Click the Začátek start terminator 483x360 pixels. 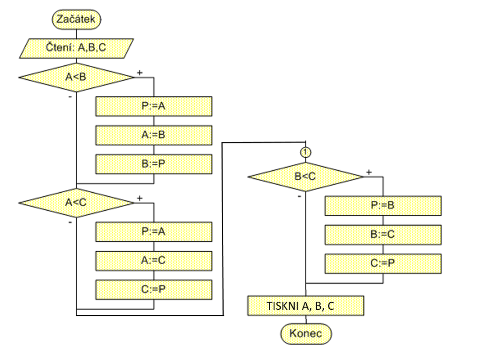(76, 19)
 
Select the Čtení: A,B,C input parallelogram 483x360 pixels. (76, 48)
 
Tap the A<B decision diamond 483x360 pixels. (76, 77)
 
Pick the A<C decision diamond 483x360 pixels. (76, 203)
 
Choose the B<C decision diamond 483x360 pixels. (305, 177)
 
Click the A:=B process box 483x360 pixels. (154, 135)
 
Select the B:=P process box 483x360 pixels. (154, 164)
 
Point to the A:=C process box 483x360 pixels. (154, 261)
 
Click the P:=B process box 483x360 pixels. (383, 206)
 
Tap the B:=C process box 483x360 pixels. (383, 234)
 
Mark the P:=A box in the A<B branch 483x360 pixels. (154, 106)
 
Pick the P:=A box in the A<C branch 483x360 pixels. (154, 232)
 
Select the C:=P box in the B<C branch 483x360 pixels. (383, 263)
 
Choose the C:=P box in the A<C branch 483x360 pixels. (154, 290)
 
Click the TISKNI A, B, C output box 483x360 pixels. (305, 306)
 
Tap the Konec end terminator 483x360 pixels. (306, 334)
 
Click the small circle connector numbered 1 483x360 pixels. (306, 152)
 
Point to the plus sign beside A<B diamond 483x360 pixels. (140, 73)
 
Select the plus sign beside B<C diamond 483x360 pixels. (369, 172)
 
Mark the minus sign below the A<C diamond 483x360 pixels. (70, 222)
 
